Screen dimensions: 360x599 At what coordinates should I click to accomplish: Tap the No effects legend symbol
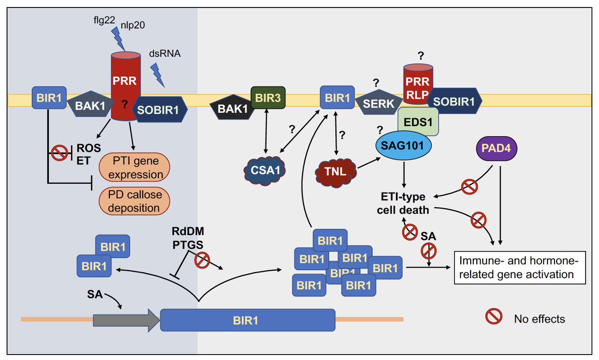tap(493, 318)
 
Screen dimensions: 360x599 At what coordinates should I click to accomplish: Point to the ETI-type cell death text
tap(403, 203)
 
